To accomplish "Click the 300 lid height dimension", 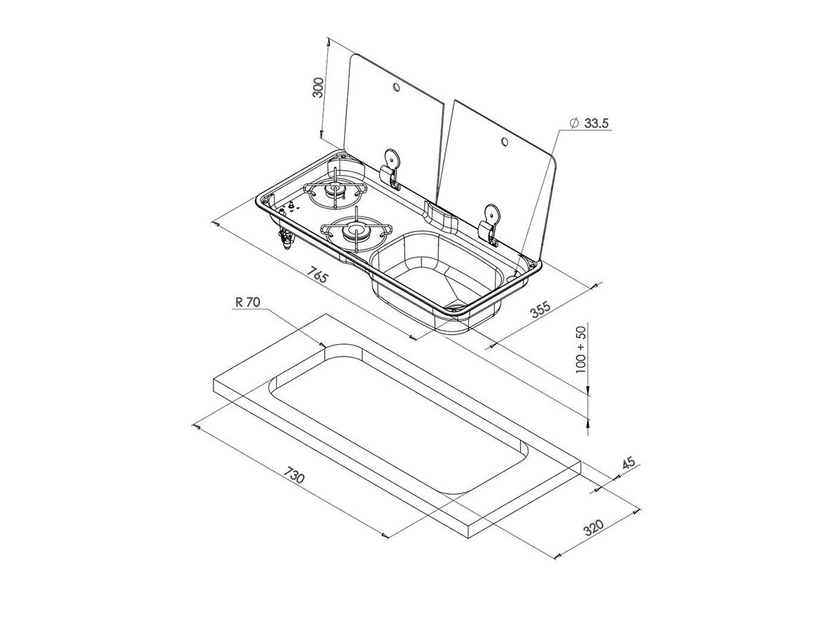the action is (x=319, y=87).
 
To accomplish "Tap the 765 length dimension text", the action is (x=317, y=275).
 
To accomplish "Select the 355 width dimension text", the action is (x=541, y=309).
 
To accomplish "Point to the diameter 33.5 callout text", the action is (x=590, y=123).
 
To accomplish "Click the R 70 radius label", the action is (x=248, y=303).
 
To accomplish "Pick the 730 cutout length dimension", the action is (x=294, y=476).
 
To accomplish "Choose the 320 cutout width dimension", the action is (x=593, y=527).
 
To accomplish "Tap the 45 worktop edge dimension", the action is (x=629, y=463).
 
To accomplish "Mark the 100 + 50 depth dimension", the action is (x=580, y=349).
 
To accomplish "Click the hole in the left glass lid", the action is (x=396, y=87).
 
